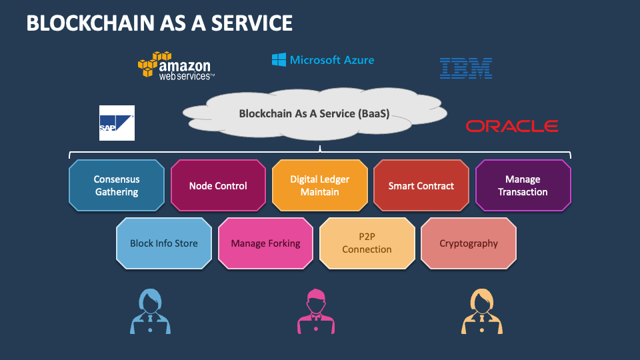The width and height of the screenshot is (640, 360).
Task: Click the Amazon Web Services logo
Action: [x=175, y=66]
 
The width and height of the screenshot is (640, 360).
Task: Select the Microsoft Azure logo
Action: [x=323, y=60]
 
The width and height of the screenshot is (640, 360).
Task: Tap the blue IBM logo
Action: [x=465, y=68]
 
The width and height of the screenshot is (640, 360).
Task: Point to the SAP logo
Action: [x=117, y=123]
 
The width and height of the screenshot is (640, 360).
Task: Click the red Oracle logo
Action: [x=511, y=126]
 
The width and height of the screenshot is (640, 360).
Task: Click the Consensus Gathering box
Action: [x=116, y=185]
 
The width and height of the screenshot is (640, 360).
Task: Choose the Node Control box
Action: [x=218, y=185]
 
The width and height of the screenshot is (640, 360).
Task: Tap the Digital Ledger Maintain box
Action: [x=319, y=185]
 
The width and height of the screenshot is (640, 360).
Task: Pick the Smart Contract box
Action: [x=421, y=185]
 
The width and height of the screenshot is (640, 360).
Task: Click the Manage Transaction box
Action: [x=523, y=185]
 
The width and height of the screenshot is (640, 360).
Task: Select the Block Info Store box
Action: [x=164, y=243]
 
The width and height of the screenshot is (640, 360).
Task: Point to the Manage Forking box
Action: [x=265, y=243]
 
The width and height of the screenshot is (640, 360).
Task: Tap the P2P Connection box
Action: [x=367, y=243]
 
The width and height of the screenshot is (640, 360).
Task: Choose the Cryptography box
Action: [x=468, y=243]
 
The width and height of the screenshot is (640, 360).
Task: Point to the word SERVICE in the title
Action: [x=251, y=23]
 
